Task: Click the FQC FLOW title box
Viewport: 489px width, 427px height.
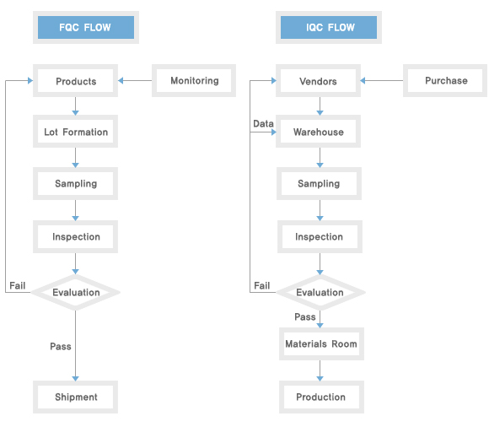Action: [86, 28]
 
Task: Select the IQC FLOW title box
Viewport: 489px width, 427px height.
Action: [329, 28]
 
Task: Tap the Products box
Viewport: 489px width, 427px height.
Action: [76, 81]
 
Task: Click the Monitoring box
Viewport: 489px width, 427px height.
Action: [194, 80]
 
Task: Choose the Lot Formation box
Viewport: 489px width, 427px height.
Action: [76, 132]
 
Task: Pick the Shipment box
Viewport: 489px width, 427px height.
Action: [76, 397]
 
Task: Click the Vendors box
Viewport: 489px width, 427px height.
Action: [318, 81]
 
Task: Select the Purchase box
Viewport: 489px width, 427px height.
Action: [445, 80]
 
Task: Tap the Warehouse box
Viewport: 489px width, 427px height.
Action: [318, 132]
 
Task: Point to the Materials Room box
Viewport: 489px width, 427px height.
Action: [321, 344]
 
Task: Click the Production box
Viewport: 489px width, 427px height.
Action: [321, 397]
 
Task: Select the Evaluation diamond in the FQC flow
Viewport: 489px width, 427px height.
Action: [76, 293]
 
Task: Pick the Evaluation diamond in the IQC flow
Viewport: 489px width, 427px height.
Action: [320, 293]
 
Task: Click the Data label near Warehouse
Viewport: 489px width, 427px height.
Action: [263, 123]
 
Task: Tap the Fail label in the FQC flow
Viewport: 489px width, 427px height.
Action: [18, 285]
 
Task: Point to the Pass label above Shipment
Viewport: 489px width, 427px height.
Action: [61, 346]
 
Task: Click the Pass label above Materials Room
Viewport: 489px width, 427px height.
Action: [305, 316]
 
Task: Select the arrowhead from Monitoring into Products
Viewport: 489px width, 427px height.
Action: [121, 80]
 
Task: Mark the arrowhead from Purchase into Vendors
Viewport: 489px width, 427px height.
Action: [363, 80]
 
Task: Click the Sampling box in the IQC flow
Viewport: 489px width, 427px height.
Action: [319, 183]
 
